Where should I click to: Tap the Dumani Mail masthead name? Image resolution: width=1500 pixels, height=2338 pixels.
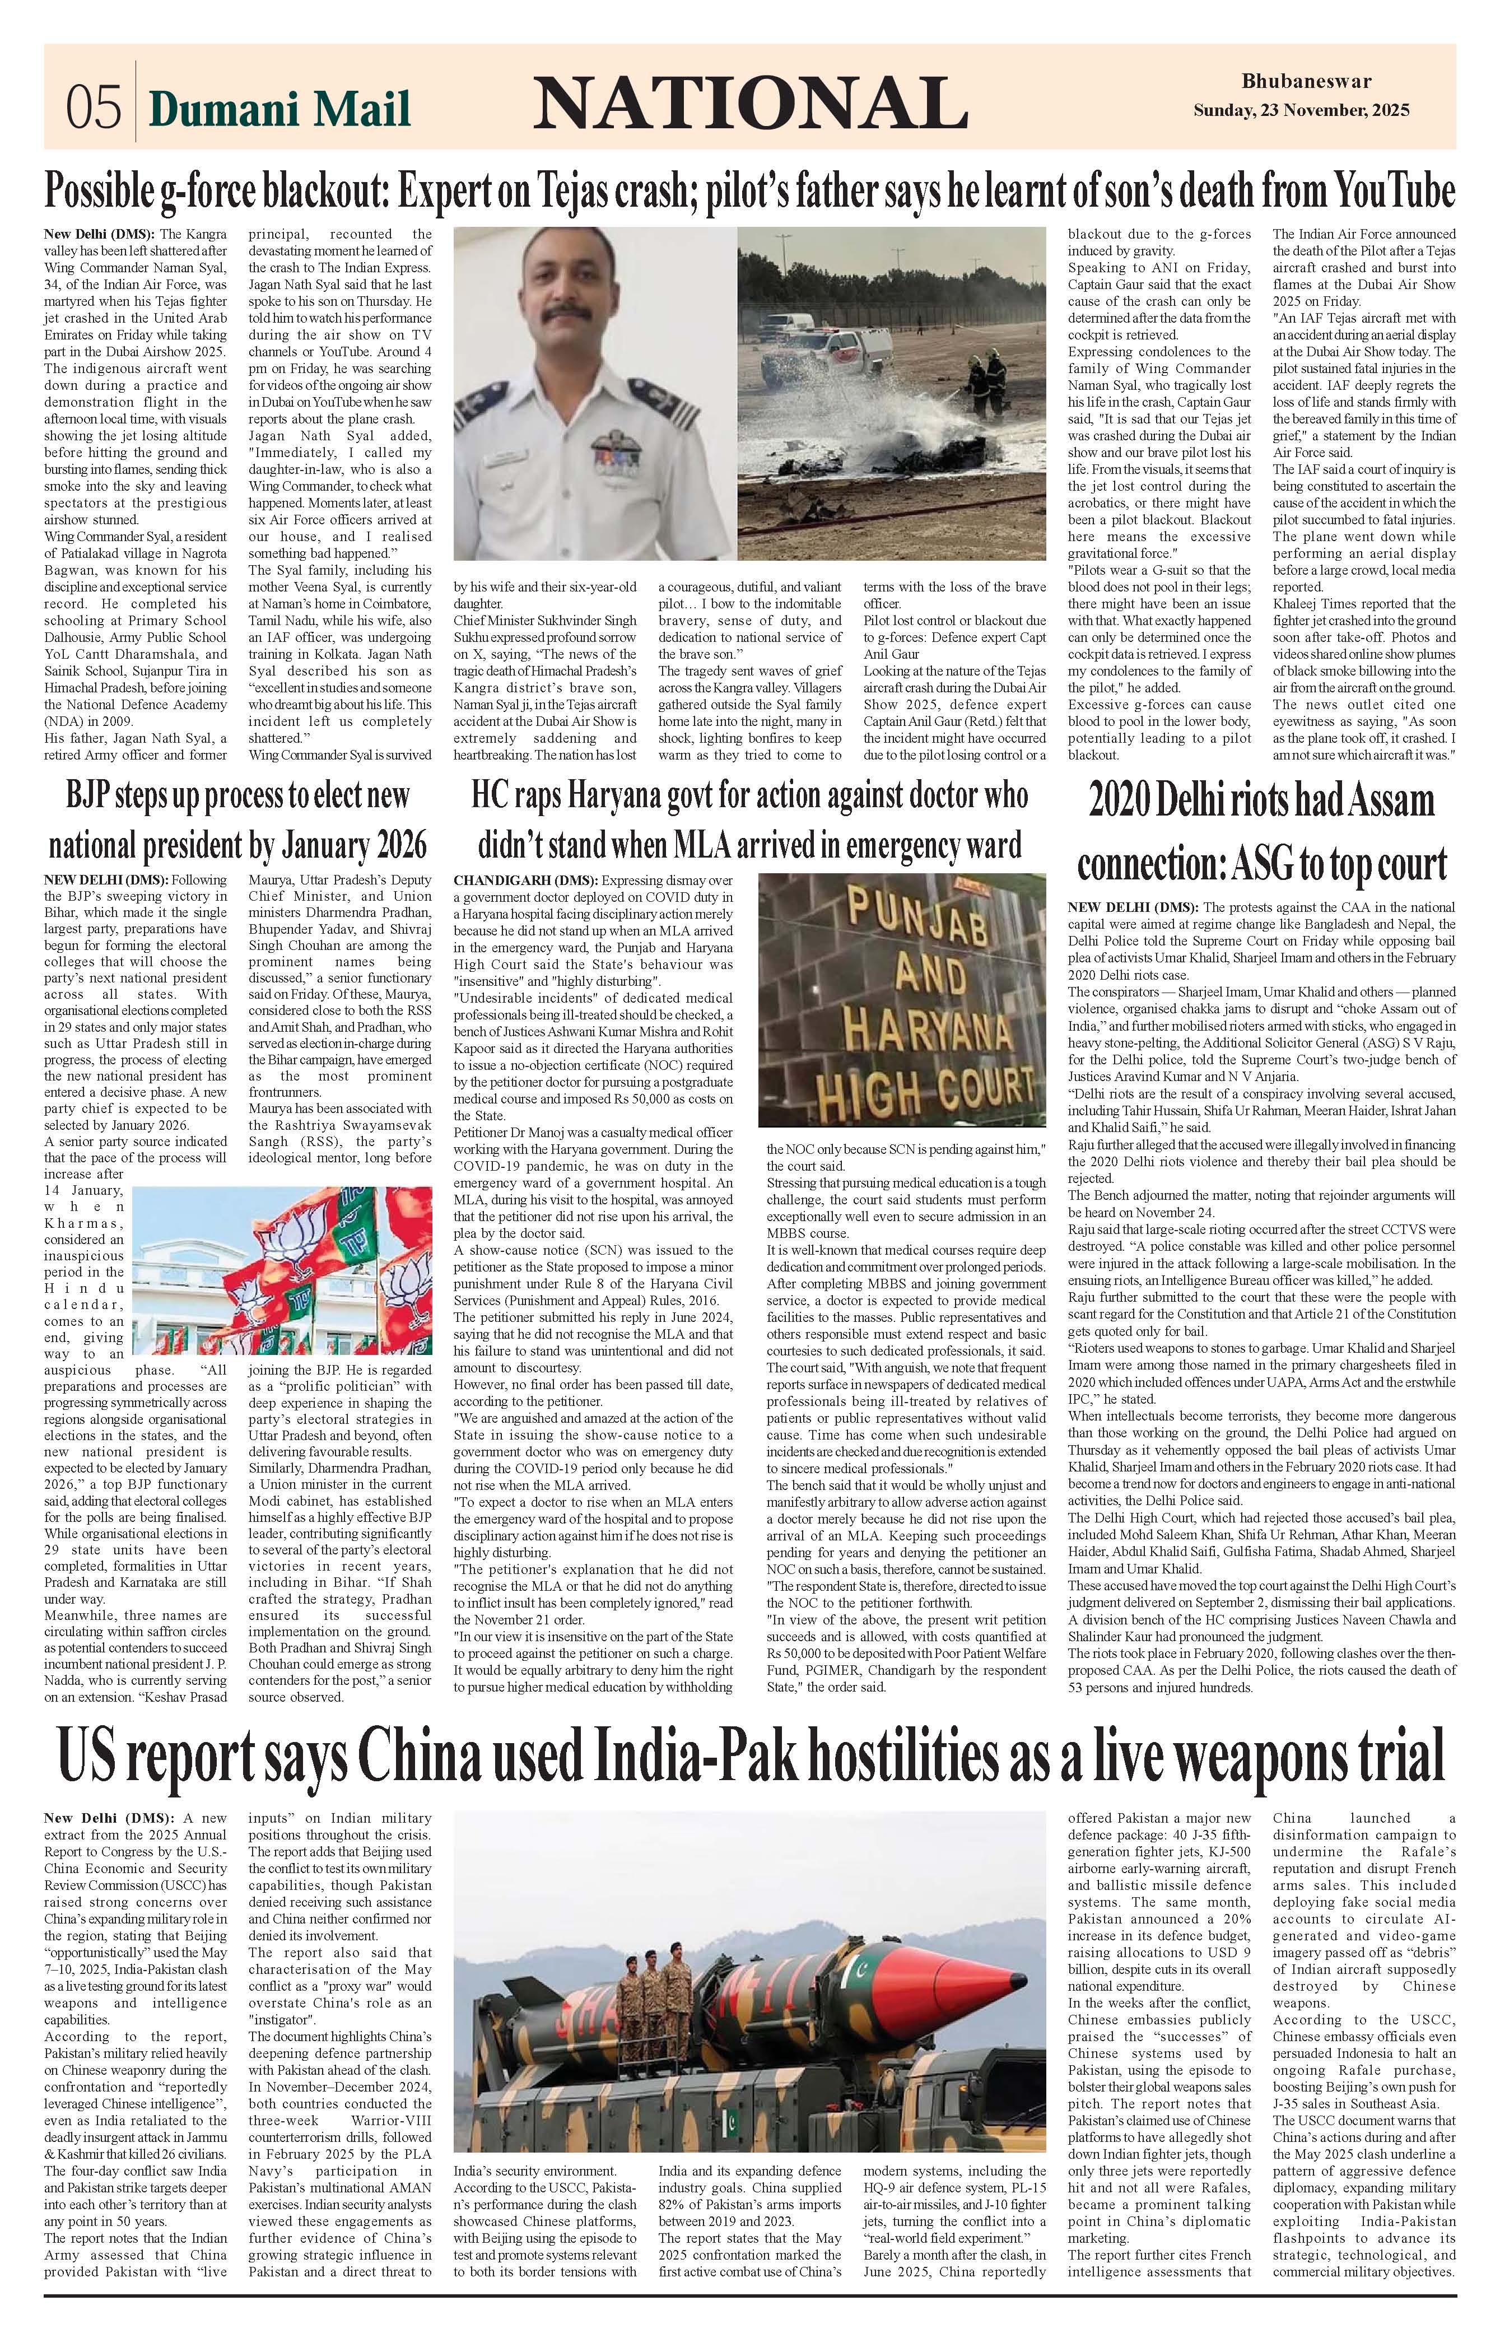click(x=279, y=109)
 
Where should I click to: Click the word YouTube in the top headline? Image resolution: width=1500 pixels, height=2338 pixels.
click(x=1395, y=191)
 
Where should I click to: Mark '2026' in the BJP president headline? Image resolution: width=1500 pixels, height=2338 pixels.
click(x=397, y=844)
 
